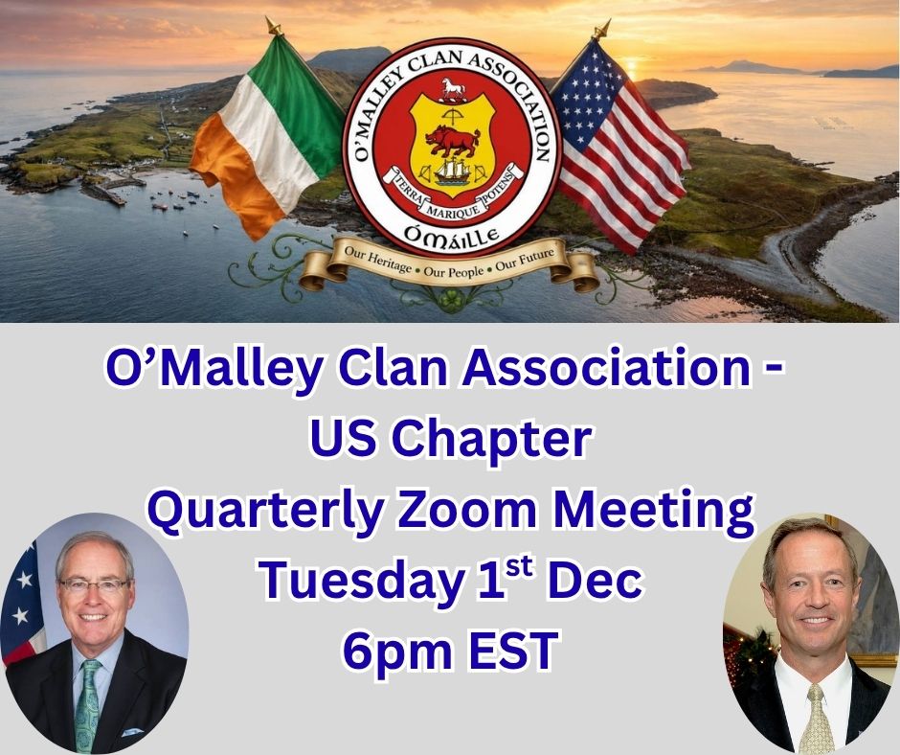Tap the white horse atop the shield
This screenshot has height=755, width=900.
coord(453,89)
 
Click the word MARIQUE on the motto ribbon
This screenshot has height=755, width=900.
coord(454,211)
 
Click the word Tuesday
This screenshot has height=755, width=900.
coord(361,580)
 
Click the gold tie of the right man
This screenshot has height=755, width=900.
coord(816,720)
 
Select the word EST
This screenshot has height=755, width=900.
coord(512,650)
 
